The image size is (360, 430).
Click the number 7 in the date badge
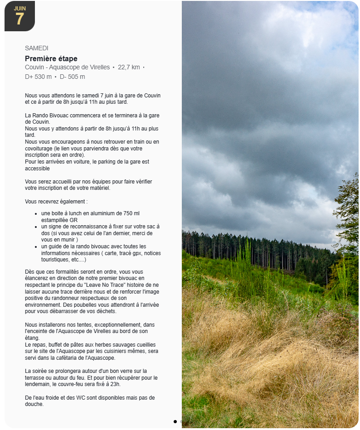point(19,19)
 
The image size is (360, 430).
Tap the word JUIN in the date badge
point(19,8)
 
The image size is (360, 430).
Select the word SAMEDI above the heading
point(37,48)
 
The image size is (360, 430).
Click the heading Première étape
point(51,58)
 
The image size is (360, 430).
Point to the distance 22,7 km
point(129,67)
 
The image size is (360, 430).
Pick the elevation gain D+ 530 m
point(38,77)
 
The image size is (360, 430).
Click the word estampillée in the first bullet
point(54,220)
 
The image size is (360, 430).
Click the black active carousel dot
point(175,421)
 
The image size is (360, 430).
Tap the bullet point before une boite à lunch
point(36,213)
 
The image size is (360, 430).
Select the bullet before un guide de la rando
point(36,246)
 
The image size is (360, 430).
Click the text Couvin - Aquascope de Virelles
point(67,67)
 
